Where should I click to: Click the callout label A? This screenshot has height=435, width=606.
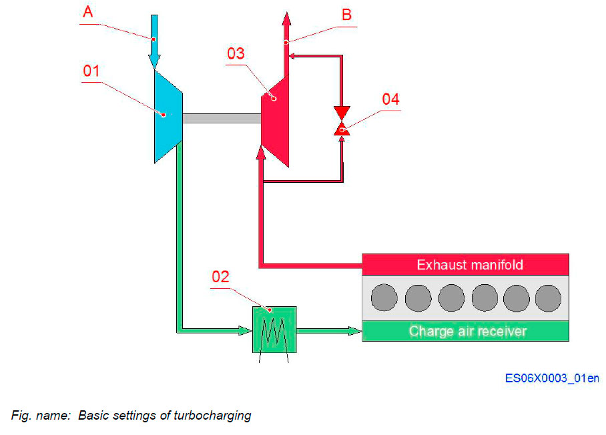87,12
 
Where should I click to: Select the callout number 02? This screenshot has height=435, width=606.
221,277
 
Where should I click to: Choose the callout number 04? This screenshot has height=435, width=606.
390,99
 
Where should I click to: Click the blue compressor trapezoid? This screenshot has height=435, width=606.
168,117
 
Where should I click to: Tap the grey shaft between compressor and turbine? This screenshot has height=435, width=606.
222,118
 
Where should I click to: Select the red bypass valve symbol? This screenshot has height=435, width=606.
342,120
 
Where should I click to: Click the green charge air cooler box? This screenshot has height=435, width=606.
274,330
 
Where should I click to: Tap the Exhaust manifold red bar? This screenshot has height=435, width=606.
465,265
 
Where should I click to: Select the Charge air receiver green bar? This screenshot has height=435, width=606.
465,331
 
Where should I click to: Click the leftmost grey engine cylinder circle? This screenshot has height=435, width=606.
384,298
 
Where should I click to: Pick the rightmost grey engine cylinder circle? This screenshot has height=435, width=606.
548,298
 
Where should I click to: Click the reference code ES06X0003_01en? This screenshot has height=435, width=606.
551,378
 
